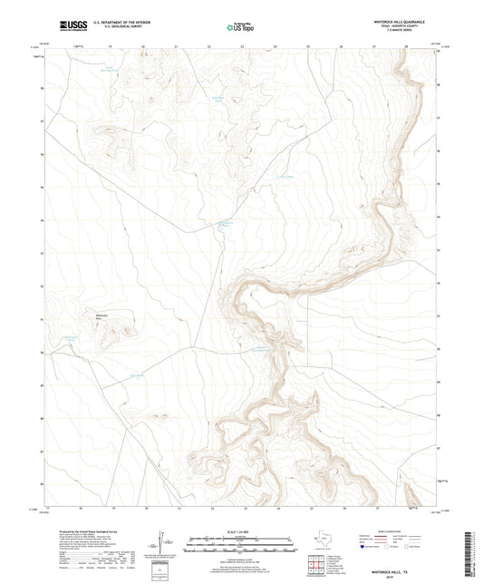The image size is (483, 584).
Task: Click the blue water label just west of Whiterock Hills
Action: point(72,337)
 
